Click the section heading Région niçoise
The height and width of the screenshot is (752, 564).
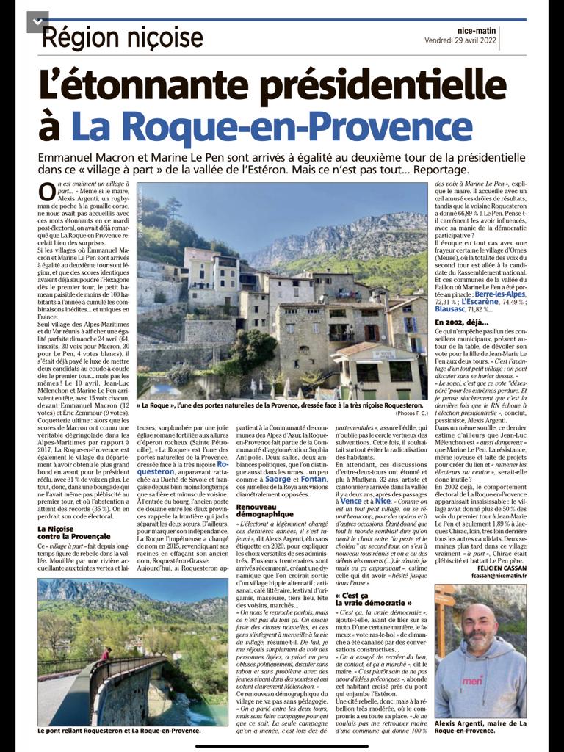[x=122, y=37]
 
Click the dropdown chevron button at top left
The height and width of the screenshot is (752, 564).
[x=37, y=22]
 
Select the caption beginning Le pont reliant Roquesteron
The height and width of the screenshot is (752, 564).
[x=118, y=731]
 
